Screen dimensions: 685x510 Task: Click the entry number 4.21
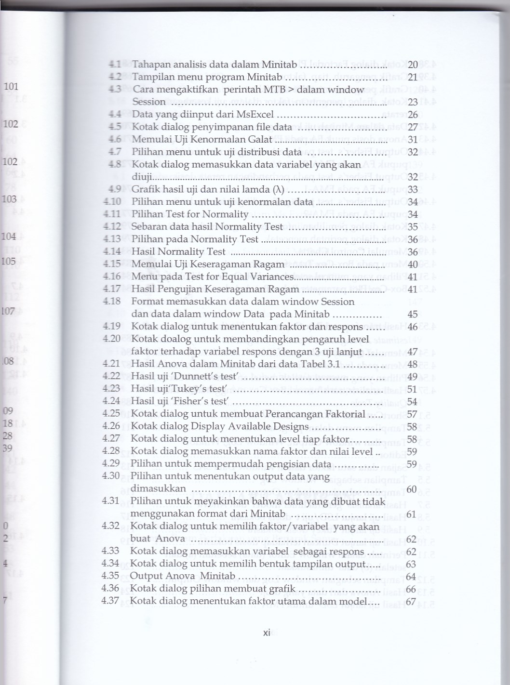(111, 364)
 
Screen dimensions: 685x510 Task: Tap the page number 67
(411, 602)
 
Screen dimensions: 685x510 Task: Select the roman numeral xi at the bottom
(267, 633)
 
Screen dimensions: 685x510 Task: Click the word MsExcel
(255, 115)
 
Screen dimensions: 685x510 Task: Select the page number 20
(413, 65)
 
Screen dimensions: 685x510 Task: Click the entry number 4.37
(110, 601)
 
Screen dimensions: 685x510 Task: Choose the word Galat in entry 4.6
(260, 140)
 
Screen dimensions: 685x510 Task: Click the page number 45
(413, 314)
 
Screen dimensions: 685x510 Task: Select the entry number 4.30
(111, 475)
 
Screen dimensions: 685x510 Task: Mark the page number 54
(412, 401)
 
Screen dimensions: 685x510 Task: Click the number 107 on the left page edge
(8, 311)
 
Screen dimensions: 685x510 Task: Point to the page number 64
(411, 577)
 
